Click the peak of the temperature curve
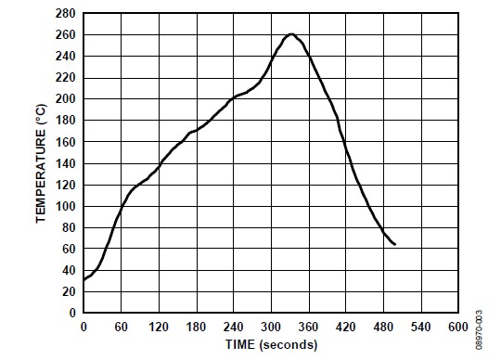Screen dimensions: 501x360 click(x=291, y=33)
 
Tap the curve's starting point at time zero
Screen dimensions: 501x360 click(x=83, y=280)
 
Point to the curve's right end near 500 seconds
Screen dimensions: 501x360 click(x=395, y=245)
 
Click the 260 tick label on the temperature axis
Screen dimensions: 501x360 click(x=65, y=35)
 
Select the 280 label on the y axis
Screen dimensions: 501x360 click(x=65, y=13)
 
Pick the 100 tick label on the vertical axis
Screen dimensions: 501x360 click(x=65, y=206)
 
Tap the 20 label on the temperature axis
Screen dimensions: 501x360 click(x=69, y=291)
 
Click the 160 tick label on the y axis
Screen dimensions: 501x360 click(x=65, y=142)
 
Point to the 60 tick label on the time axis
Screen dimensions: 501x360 click(x=122, y=327)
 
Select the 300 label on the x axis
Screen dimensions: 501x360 click(x=271, y=327)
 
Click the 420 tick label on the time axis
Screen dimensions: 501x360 click(x=346, y=327)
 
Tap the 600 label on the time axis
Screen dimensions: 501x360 click(x=458, y=327)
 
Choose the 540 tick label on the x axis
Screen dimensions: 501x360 click(x=421, y=327)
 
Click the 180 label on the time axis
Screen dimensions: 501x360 click(x=197, y=327)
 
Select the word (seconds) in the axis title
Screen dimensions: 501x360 click(x=289, y=345)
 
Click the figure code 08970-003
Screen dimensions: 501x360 click(x=479, y=330)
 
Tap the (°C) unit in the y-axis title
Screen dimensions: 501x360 click(x=41, y=114)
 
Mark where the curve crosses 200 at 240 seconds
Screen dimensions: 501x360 click(x=234, y=97)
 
